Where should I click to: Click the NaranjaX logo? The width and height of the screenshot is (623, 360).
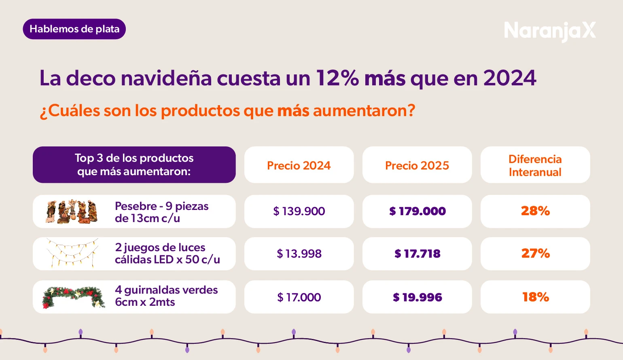pos(549,31)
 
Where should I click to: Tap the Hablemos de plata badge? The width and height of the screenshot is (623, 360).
pos(74,29)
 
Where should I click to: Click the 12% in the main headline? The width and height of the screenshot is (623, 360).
pos(337,78)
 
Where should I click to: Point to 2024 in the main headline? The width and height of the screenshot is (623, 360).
pos(510,78)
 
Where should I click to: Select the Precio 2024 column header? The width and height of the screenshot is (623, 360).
pos(299,165)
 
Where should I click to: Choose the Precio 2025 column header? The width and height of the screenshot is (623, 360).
pos(417,165)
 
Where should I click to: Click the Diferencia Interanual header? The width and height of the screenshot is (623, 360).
pos(535,165)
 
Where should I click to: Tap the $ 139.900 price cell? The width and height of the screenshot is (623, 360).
pos(299,211)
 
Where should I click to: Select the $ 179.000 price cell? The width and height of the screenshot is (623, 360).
pos(417,211)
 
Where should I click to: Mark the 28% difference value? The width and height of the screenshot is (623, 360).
pos(535,211)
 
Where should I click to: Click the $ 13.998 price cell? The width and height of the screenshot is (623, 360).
pos(299,254)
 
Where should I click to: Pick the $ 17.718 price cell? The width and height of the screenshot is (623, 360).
pos(417,254)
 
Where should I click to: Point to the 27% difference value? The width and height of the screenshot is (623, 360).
pos(535,254)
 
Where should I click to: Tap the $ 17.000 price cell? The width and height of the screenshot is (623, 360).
pos(299,297)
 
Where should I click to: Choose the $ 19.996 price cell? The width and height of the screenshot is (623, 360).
pos(417,297)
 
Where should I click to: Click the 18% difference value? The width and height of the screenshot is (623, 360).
pos(535,297)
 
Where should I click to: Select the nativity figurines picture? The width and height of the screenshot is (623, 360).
pos(72,212)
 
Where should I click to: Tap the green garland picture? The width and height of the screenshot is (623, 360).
pos(73,297)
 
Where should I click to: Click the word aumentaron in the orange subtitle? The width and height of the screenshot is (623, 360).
pos(364,110)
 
